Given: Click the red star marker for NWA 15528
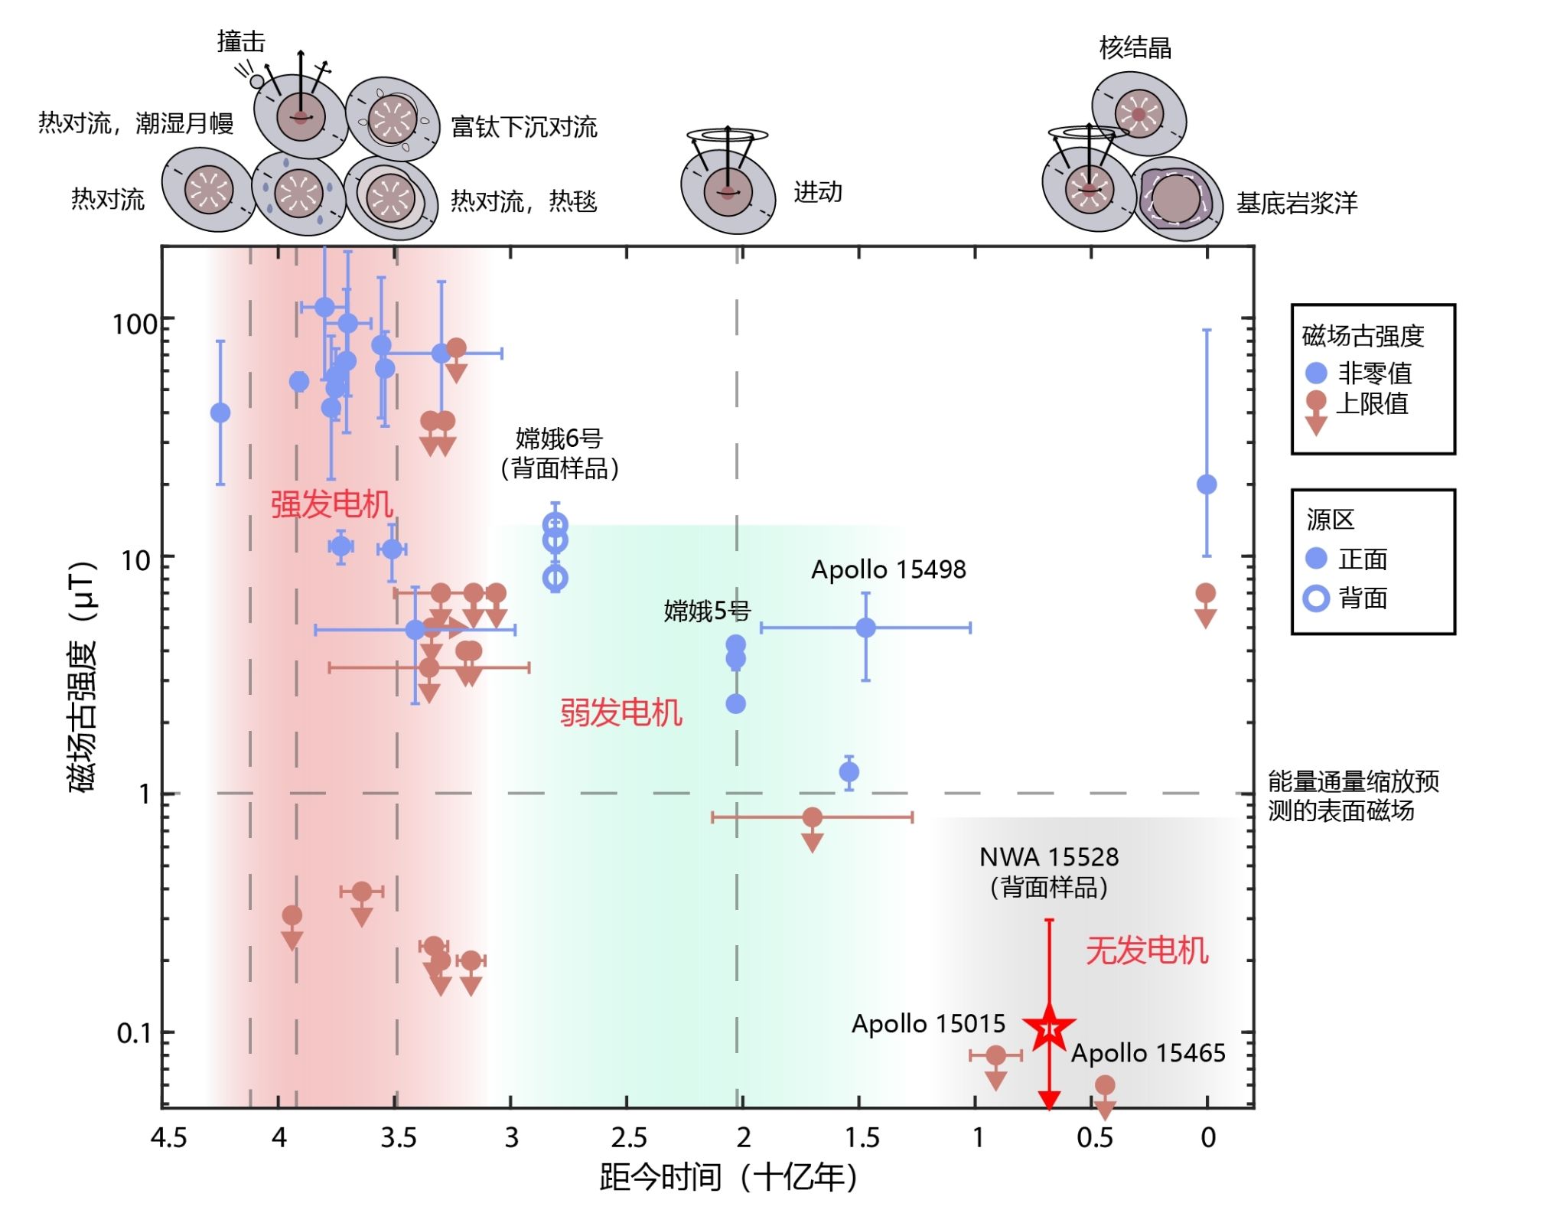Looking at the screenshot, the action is coord(1049,1029).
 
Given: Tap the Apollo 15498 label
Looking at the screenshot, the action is coord(888,569).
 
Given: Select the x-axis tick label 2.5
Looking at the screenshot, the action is coord(629,1138).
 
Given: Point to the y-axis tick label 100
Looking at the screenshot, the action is coord(135,324).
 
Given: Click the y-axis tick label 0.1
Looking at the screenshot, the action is coord(135,1033).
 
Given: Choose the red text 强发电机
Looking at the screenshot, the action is coord(331,504).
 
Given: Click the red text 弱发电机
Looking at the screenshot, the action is coord(621,712).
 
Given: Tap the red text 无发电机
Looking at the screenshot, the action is coord(1147,951).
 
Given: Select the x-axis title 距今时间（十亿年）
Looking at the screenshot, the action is coord(728,1177).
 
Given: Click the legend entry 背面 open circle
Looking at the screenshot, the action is coord(1316,598).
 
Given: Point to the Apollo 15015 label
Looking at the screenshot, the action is coord(928,1023).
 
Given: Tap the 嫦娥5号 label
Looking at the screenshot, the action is coord(707,611).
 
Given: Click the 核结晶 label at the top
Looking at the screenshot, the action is coord(1135,47).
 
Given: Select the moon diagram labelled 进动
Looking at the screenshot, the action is coord(728,181).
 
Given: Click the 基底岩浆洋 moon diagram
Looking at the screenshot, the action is coord(1178,198).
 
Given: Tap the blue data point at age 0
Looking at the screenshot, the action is coord(1207,484).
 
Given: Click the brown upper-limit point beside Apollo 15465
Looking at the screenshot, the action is coord(1104,1096).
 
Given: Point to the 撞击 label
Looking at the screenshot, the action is coord(241,41).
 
